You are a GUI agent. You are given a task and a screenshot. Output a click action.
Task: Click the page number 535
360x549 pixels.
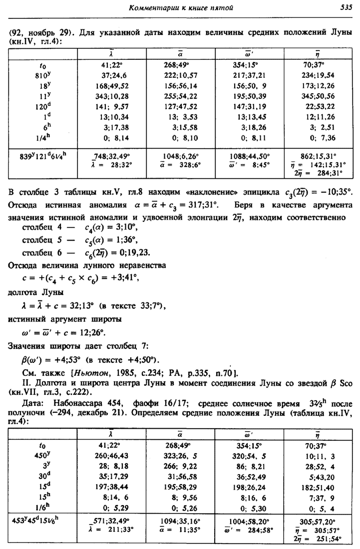(x=345, y=7)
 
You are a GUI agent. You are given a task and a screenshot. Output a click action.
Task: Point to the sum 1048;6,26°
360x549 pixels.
(x=183, y=156)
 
